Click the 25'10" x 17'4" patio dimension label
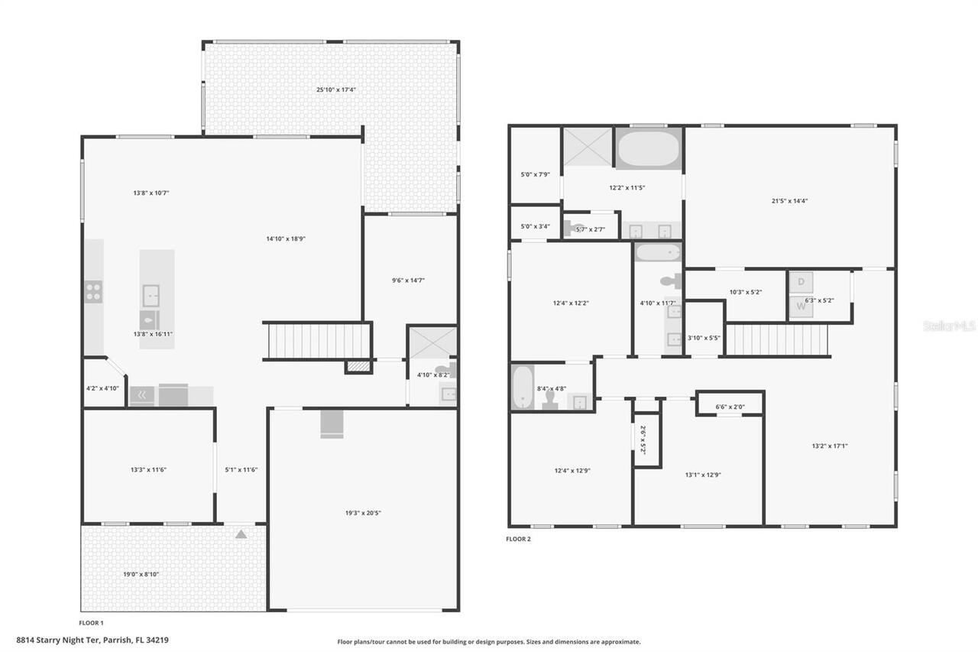[336, 89]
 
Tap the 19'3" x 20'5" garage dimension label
[362, 512]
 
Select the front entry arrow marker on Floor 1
[241, 534]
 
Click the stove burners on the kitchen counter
[93, 291]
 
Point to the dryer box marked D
[801, 282]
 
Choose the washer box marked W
[801, 307]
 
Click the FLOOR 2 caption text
[518, 539]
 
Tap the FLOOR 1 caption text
[91, 623]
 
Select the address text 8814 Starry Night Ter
[92, 640]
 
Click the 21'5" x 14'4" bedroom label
[789, 201]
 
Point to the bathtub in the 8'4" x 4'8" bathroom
[523, 388]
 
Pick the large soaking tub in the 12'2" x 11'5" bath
[649, 149]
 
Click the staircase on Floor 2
[777, 339]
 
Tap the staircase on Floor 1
[316, 341]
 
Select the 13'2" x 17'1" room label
[829, 446]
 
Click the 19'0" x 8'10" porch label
[141, 574]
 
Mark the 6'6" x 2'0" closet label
[730, 407]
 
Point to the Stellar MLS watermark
[949, 326]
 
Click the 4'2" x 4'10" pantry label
[102, 388]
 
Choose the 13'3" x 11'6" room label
[148, 469]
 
